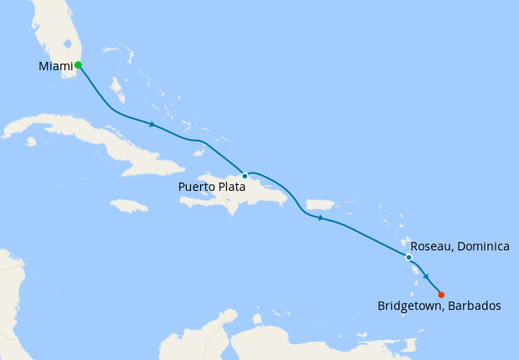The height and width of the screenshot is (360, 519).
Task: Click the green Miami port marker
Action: click(x=78, y=64)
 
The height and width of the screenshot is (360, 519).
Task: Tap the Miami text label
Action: click(x=55, y=66)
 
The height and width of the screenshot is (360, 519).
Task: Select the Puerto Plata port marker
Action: click(x=244, y=176)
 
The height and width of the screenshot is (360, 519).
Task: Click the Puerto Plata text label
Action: click(x=212, y=188)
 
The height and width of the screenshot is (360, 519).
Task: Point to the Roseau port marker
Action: click(x=409, y=257)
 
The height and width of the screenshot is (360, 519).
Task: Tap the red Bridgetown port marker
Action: click(x=441, y=294)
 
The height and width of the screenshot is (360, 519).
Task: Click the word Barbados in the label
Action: click(x=473, y=306)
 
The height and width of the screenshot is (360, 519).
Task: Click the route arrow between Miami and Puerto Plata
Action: click(x=152, y=126)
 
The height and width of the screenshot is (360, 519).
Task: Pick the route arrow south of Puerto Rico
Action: click(x=321, y=218)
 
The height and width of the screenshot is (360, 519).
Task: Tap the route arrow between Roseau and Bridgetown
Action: click(x=426, y=276)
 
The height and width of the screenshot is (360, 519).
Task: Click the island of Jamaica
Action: click(x=129, y=205)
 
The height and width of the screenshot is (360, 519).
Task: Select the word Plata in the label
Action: click(x=230, y=188)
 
